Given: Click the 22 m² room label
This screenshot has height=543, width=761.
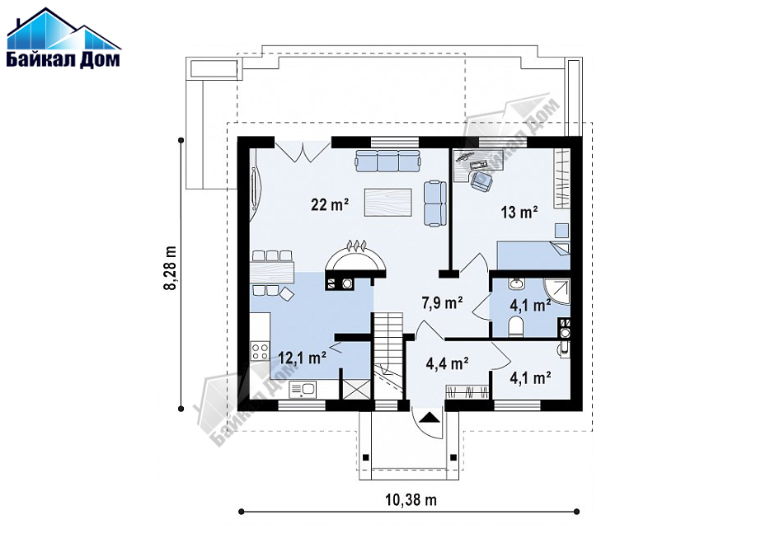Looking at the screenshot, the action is click(330, 204).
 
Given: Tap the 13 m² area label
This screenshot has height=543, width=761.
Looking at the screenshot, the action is click(519, 212).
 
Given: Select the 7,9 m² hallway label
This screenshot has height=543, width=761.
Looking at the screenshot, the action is click(442, 303).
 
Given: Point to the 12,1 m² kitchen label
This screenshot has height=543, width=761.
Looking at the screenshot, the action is click(302, 358).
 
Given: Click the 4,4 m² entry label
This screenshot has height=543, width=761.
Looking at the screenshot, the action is click(447, 363).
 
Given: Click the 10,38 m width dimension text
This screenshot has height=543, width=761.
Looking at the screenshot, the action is click(411, 499).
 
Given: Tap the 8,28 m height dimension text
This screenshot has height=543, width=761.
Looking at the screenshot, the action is click(170, 268).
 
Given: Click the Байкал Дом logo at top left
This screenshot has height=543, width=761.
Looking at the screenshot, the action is click(63, 37).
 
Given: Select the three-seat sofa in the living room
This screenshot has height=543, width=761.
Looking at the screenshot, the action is click(388, 161).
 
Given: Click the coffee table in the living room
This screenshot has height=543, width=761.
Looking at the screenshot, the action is click(388, 202).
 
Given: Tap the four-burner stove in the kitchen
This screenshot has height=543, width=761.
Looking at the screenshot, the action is click(260, 350).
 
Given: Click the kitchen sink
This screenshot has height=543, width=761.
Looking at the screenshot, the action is click(303, 389).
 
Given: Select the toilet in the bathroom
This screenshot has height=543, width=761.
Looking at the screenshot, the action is click(515, 325).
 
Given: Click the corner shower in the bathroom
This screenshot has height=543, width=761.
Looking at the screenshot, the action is click(557, 292).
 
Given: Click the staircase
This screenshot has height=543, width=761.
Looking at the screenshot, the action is click(388, 356).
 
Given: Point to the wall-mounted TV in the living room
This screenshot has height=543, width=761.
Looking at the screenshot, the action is click(254, 188).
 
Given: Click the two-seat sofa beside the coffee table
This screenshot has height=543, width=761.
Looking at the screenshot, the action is click(435, 204).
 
